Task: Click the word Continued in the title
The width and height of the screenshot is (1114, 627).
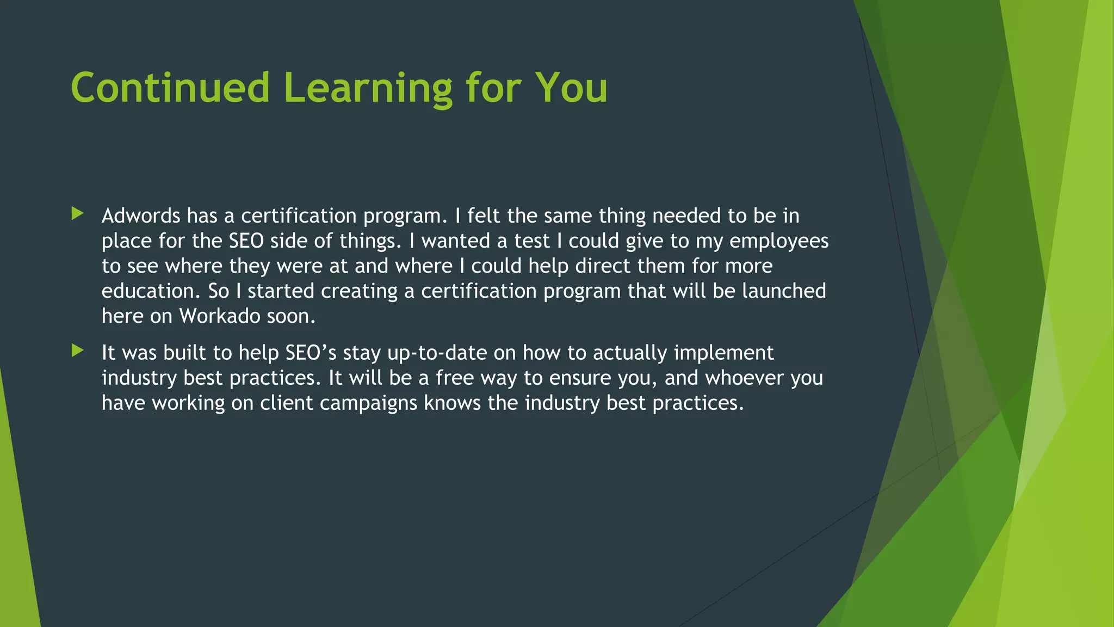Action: [170, 88]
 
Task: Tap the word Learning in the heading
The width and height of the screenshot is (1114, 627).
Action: [368, 88]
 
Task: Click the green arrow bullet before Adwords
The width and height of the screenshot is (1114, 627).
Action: [78, 213]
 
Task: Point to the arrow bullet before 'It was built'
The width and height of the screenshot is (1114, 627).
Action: [78, 351]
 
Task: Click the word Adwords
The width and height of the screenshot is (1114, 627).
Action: [141, 216]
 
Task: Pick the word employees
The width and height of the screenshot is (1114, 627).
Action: [779, 241]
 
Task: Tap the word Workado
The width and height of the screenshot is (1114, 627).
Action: [219, 316]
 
